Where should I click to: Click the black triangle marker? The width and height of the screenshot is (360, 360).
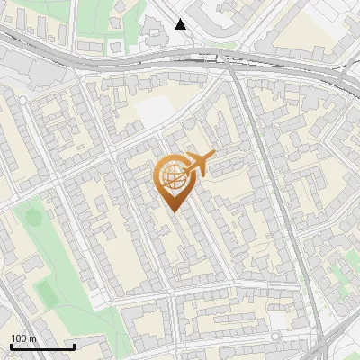[x=181, y=24]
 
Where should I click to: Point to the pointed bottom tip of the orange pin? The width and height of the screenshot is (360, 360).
[x=173, y=211]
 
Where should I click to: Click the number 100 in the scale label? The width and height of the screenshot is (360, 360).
[x=19, y=338]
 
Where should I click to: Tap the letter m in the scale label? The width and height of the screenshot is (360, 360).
[x=33, y=338]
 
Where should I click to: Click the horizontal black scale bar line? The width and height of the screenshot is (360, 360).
[x=42, y=346]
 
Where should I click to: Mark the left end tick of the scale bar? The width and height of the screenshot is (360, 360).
[x=11, y=346]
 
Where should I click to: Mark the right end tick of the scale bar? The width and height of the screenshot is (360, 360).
[x=74, y=346]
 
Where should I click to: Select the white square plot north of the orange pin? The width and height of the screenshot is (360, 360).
[x=155, y=112]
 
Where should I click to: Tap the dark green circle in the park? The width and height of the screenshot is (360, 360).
[x=33, y=217]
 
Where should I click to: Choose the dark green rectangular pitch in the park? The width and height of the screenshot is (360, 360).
[x=45, y=290]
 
